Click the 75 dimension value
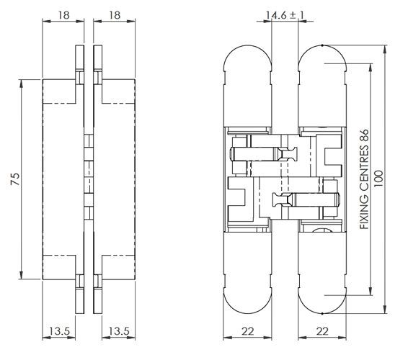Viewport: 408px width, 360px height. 15,179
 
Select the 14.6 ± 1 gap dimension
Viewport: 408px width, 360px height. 285,15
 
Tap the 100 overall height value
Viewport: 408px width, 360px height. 379,179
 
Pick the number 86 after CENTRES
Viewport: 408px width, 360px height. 364,135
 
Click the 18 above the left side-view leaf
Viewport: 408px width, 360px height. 63,15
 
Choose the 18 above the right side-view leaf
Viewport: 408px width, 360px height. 115,15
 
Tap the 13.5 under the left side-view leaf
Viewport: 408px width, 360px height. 60,331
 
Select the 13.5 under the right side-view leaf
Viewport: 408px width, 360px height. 119,331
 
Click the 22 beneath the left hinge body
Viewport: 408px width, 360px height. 247,331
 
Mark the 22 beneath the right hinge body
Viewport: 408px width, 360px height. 322,331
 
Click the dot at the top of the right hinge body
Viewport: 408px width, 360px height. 322,45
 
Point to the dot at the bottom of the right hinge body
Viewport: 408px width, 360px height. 322,313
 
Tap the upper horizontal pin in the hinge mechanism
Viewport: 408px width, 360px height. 264,153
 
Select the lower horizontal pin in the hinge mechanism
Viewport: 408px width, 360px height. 306,200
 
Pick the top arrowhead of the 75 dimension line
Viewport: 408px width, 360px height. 21,83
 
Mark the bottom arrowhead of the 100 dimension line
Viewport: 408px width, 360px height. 385,310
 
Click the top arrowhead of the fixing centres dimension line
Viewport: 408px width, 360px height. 371,68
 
